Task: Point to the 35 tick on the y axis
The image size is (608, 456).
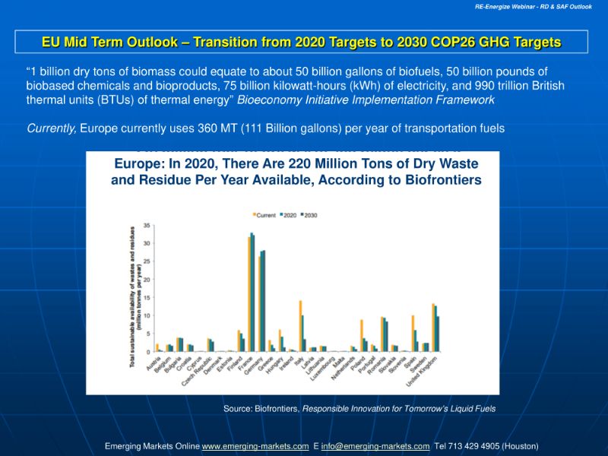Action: coord(146,226)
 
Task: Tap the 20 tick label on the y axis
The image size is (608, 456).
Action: coord(146,280)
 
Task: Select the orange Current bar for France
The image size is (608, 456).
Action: coord(249,294)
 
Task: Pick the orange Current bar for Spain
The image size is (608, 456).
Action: coord(413,333)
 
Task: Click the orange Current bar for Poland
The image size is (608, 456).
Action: coord(362,335)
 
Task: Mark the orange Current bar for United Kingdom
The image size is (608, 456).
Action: coord(433,328)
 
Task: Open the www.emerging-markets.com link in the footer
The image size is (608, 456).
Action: coord(255,446)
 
